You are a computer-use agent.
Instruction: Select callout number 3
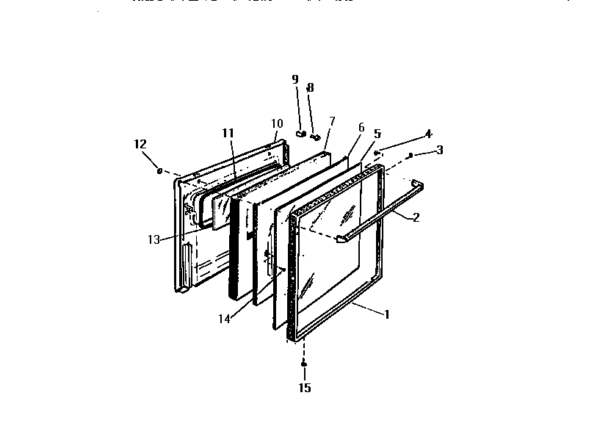click(x=440, y=151)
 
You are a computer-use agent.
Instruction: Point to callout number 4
click(x=428, y=134)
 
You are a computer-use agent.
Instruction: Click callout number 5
click(x=377, y=134)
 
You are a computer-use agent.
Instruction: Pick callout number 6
click(x=361, y=127)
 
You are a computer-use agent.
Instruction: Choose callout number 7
click(x=332, y=120)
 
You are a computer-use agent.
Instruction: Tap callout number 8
click(x=311, y=87)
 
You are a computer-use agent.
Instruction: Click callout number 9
click(x=295, y=79)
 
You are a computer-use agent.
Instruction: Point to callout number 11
click(x=228, y=132)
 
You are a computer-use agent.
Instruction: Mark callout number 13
click(x=154, y=239)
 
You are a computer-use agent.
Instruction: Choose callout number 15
click(x=304, y=388)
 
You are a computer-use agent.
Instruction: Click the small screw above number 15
click(x=303, y=364)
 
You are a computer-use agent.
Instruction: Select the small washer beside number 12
click(x=159, y=171)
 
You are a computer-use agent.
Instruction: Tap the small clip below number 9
click(x=300, y=134)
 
